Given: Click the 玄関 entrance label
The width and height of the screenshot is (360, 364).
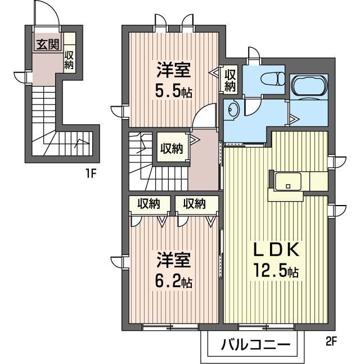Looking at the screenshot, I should [x=47, y=44].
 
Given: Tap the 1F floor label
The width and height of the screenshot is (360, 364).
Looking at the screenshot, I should [x=91, y=173].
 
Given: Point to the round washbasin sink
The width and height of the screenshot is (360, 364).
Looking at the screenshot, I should [x=232, y=111].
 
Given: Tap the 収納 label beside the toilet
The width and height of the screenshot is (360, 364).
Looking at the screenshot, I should [x=230, y=80].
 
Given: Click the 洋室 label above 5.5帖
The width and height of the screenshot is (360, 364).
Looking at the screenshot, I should [x=173, y=71].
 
